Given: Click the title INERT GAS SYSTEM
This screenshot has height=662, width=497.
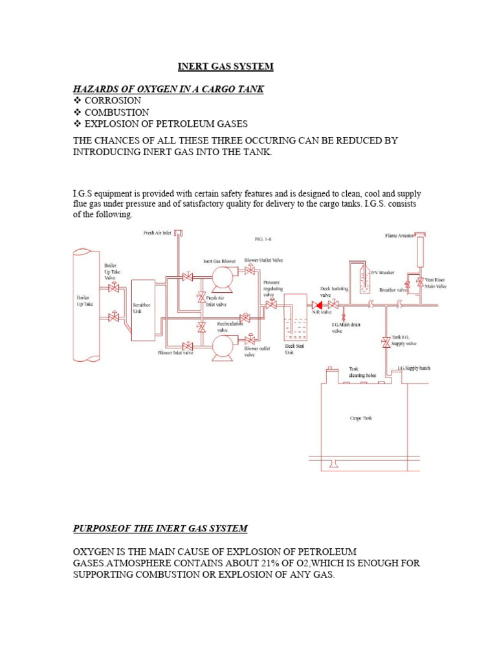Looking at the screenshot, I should click(x=226, y=67).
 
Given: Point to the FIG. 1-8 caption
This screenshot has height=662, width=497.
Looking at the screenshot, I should click(x=263, y=239).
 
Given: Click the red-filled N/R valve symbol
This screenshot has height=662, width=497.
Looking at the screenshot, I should click(x=317, y=304).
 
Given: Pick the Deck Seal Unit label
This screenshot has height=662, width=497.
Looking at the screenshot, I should click(x=294, y=349).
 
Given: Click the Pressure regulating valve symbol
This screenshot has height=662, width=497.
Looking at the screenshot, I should click(x=272, y=304).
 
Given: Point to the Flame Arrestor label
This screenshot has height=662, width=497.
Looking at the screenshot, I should click(x=399, y=236).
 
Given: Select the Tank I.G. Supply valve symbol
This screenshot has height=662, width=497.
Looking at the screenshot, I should click(x=386, y=341).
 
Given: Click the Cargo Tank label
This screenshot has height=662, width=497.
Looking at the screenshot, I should click(x=361, y=418).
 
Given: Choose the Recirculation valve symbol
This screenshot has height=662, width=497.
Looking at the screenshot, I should click(x=245, y=318).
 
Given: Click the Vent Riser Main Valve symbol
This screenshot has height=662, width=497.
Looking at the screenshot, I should click(x=420, y=283).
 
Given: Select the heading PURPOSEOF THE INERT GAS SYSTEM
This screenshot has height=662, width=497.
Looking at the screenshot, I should click(x=160, y=528).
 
